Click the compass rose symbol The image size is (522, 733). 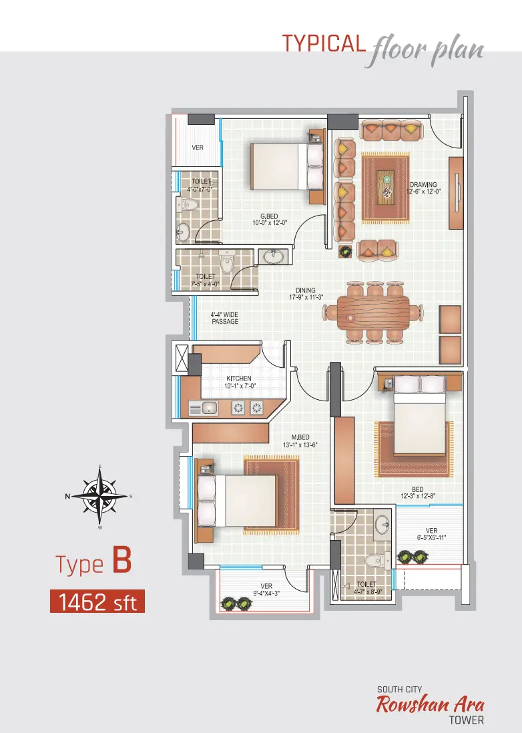point(99,497)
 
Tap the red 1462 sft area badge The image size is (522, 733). point(97,601)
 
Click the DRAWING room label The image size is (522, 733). point(423,188)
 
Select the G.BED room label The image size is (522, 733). point(270,220)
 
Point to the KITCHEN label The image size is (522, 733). point(239,382)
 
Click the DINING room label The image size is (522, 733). point(306,294)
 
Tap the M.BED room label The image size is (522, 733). point(300,441)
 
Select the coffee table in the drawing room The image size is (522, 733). point(386,186)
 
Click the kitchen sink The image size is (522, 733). point(204,408)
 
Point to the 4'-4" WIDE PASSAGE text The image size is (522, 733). point(225,318)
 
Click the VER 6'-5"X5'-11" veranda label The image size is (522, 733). point(432,534)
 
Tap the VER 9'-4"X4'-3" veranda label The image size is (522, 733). point(266,589)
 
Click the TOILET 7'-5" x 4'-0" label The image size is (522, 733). point(205,280)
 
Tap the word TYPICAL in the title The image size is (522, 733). point(324,43)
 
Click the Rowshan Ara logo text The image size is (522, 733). point(430,704)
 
